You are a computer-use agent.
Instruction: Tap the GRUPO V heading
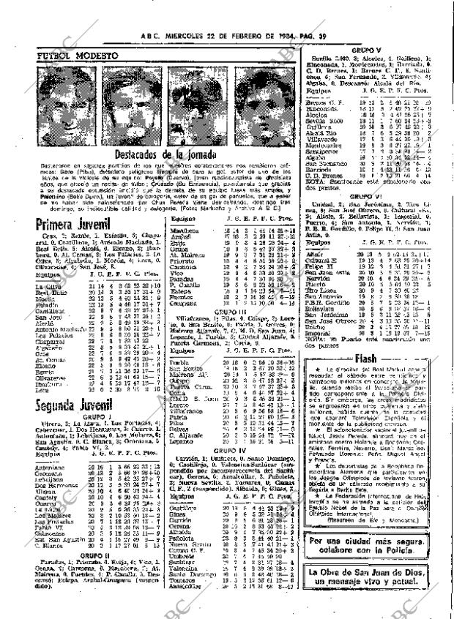[x=363, y=50]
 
